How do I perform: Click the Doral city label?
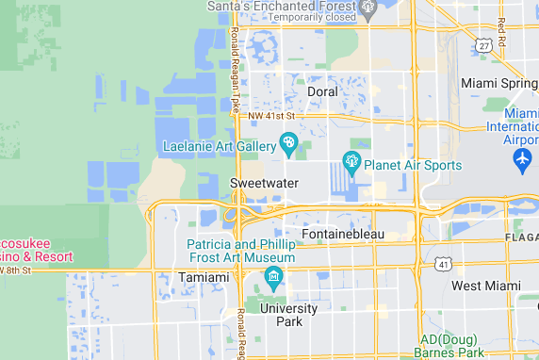pos(323,91)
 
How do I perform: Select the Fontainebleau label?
pos(343,234)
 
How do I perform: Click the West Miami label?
pos(485,286)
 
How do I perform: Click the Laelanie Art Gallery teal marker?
pos(288,144)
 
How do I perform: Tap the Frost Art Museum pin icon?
pos(274,276)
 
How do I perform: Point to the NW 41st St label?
pos(271,116)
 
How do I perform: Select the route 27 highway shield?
pos(483,44)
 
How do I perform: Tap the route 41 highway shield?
pos(442,266)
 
